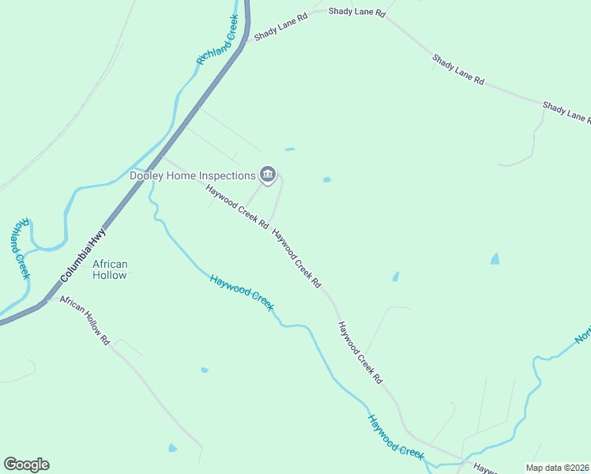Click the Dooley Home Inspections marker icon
[268, 175]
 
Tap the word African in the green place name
[110, 264]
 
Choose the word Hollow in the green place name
[110, 275]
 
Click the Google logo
[26, 465]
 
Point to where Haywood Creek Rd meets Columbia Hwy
[164, 156]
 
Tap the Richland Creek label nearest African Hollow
[21, 248]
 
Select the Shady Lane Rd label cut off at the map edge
[566, 111]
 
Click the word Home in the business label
[186, 175]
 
